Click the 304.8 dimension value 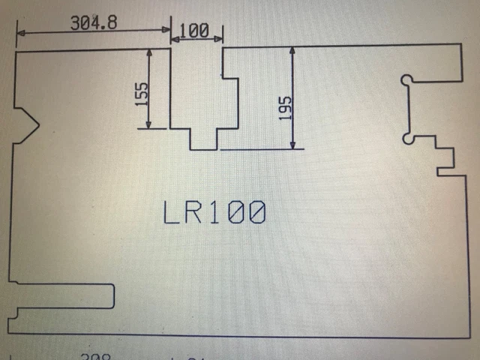[x=94, y=22]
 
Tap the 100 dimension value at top [x=194, y=31]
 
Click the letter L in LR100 [x=172, y=214]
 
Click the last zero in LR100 [x=256, y=214]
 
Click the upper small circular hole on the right [x=406, y=79]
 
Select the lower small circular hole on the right [x=407, y=137]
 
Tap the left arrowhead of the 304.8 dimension [x=20, y=33]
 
